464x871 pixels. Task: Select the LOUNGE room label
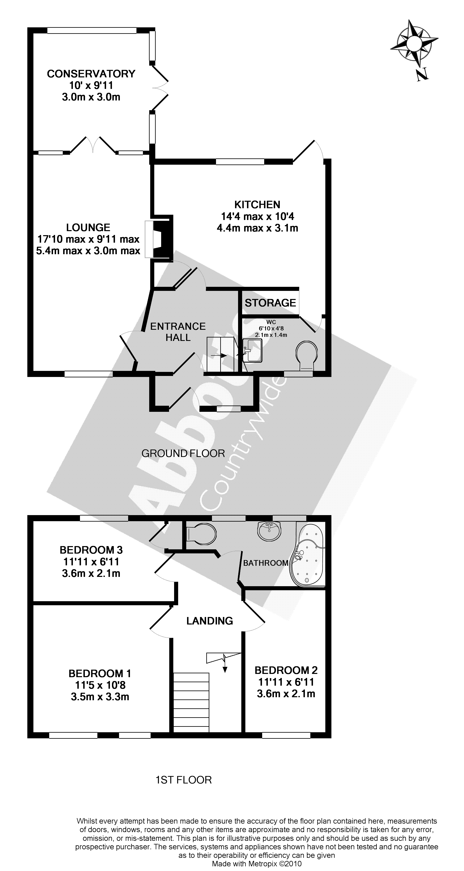point(88,227)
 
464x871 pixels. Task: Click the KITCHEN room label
point(257,205)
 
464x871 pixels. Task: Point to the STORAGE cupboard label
point(270,303)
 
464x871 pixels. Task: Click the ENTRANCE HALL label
point(178,332)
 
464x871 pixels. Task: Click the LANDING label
point(210,621)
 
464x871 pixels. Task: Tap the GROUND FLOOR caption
point(183,453)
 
